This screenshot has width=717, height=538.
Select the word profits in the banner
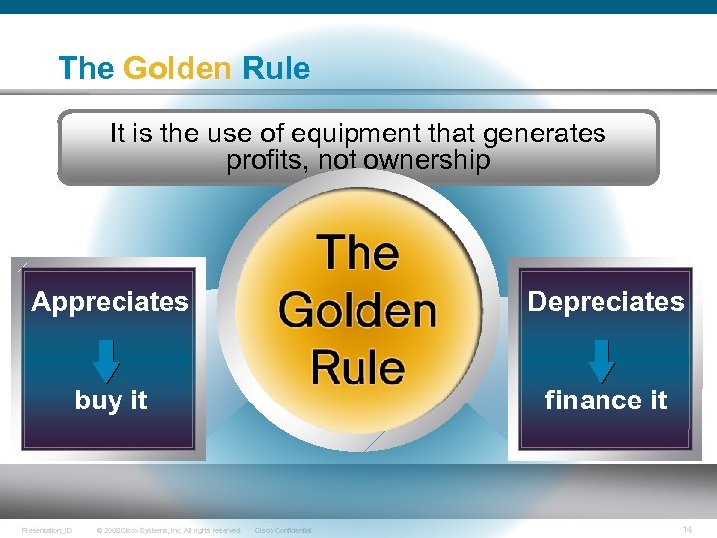click(x=261, y=161)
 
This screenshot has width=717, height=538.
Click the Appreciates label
click(x=110, y=302)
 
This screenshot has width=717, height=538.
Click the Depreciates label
click(x=605, y=302)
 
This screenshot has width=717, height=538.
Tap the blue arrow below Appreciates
click(x=107, y=361)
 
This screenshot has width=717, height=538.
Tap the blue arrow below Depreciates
click(x=601, y=361)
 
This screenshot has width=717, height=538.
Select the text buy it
click(x=111, y=401)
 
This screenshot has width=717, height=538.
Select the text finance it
click(x=605, y=401)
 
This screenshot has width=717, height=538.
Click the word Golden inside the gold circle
click(x=358, y=310)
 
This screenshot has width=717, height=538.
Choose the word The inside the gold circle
click(x=358, y=253)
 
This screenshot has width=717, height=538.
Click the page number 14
click(x=687, y=529)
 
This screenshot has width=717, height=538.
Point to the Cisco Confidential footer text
click(x=283, y=530)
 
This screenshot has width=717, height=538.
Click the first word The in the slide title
click(x=87, y=69)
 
